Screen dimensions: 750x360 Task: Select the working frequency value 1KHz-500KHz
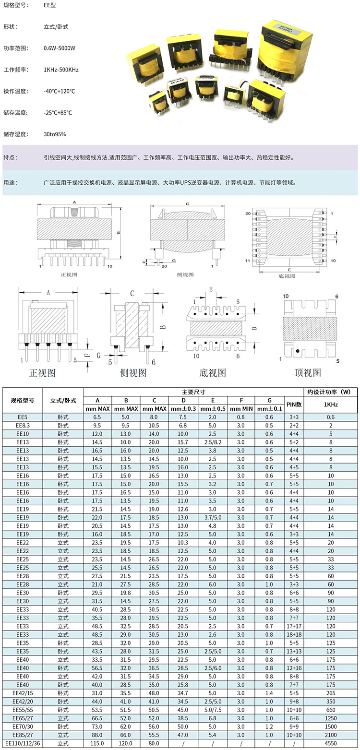[61, 70]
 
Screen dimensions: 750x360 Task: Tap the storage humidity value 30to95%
[55, 134]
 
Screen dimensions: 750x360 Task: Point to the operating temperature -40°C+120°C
[59, 91]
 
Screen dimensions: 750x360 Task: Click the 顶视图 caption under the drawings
[307, 372]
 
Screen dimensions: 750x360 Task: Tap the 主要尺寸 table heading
[193, 392]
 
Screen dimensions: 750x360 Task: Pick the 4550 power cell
[331, 743]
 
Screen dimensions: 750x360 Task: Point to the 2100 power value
[331, 735]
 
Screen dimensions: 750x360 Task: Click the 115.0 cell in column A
[97, 743]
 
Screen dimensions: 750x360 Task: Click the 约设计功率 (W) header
[331, 392]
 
